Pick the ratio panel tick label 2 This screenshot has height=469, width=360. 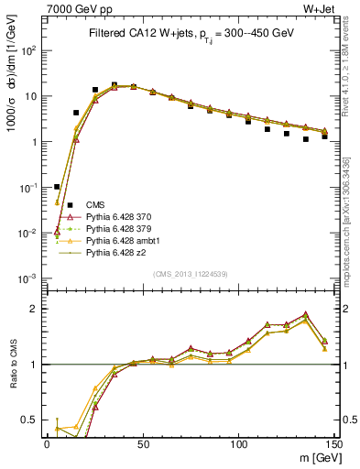pyautogui.click(x=36, y=309)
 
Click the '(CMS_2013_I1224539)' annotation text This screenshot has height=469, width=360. pyautogui.click(x=191, y=273)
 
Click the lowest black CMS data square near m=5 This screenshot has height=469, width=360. pyautogui.click(x=57, y=187)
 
